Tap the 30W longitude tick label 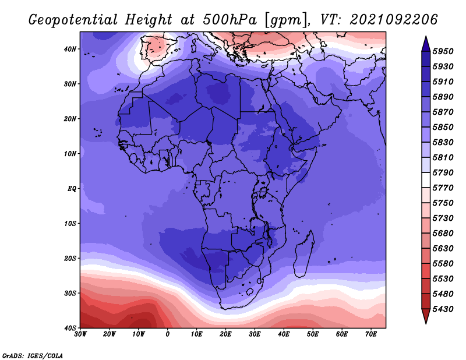coord(80,334)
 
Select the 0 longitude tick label coord(168,334)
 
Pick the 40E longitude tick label coord(284,334)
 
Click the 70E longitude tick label coord(371,334)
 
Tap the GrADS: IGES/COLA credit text coord(33,355)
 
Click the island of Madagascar coord(305,253)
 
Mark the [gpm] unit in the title coord(288,19)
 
